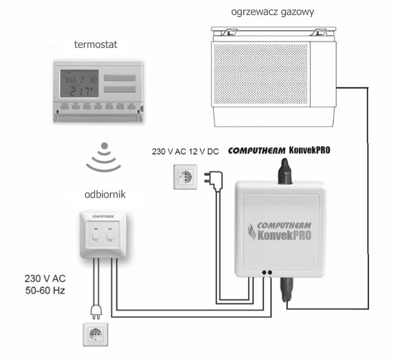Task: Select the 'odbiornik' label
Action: [x=104, y=195]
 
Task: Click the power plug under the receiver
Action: [x=95, y=310]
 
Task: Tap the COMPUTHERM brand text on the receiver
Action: [x=104, y=216]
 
